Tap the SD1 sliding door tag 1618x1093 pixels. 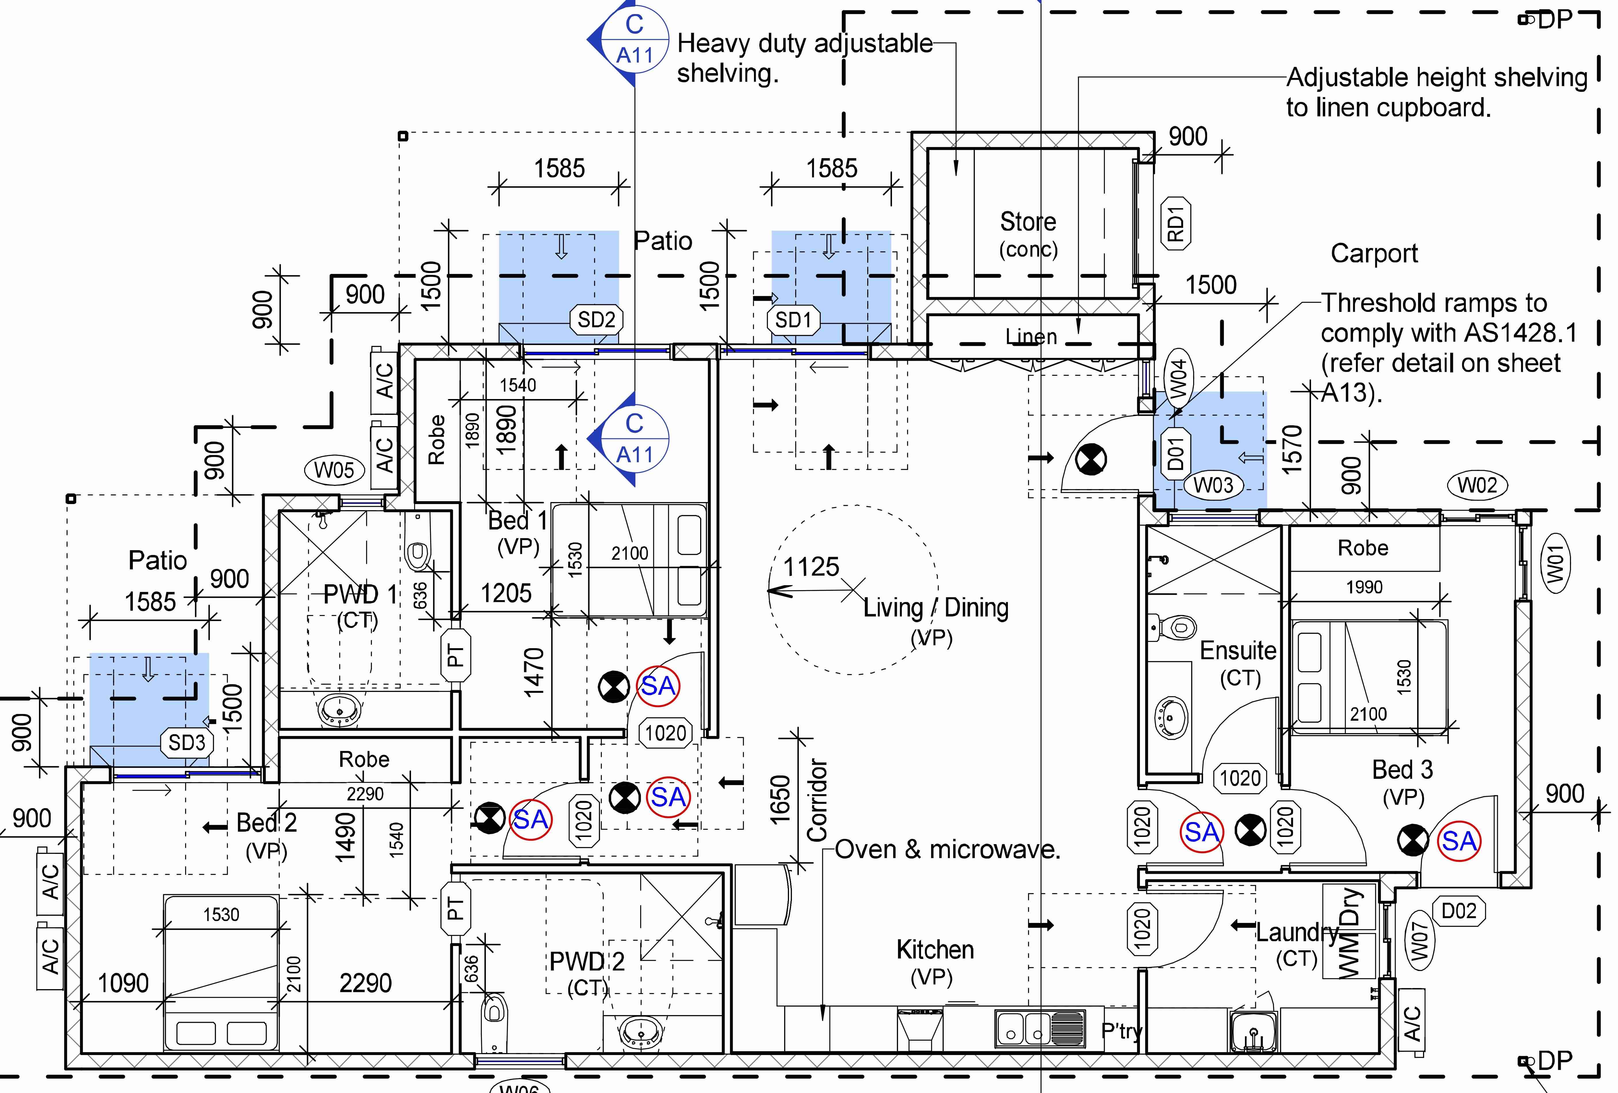coord(794,320)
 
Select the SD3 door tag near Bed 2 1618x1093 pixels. coord(187,743)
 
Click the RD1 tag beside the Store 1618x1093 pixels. coord(1176,223)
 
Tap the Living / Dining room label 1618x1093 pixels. coord(936,608)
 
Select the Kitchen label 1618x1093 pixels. coord(935,950)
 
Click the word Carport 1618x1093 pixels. coord(1374,253)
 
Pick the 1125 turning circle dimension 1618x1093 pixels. coord(811,567)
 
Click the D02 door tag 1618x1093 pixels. coord(1459,911)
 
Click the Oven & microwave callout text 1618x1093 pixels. coord(947,849)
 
